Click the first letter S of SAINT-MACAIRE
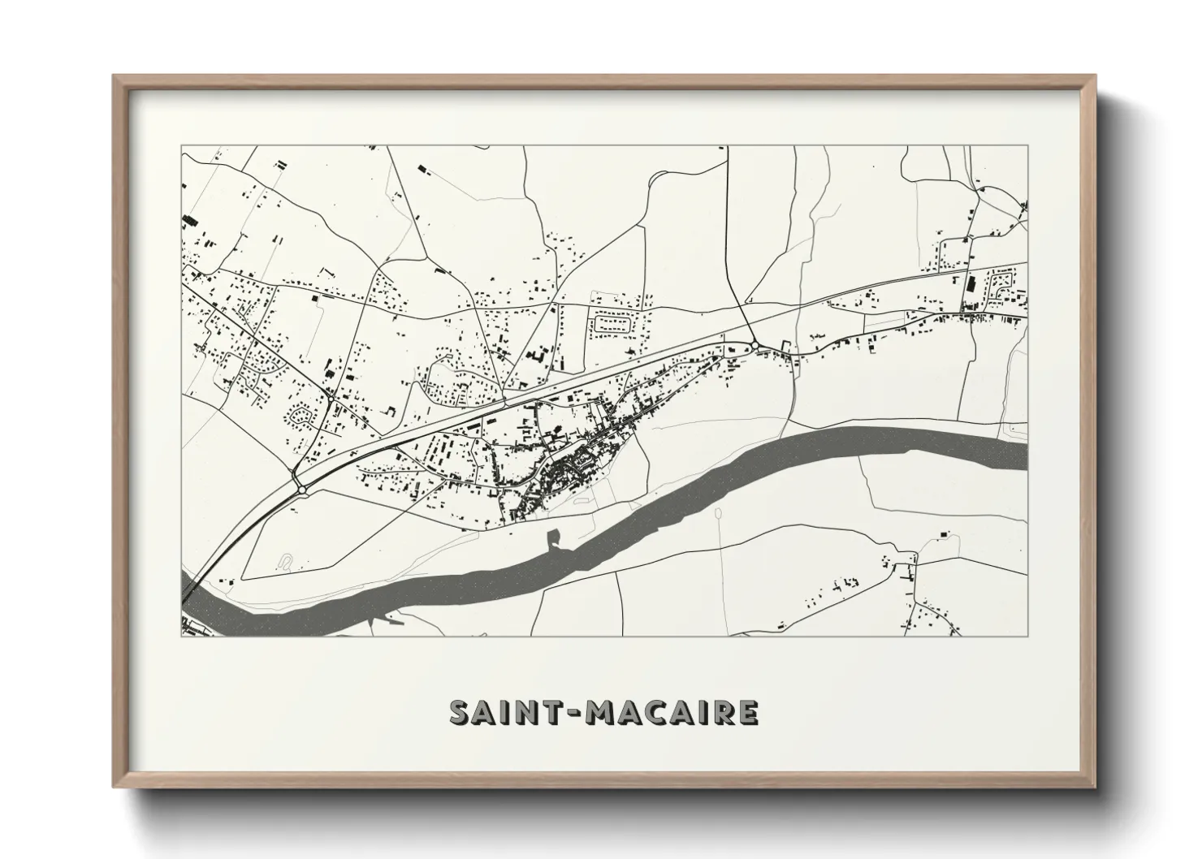coord(462,712)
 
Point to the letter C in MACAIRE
coord(658,712)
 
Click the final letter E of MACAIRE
coord(748,712)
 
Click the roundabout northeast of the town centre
coord(755,346)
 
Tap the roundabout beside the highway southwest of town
coord(302,490)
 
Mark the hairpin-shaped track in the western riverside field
coord(285,560)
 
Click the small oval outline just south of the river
coord(719,513)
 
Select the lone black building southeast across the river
coord(944,532)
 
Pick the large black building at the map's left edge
coord(190,219)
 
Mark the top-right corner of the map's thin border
coord(1027,146)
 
